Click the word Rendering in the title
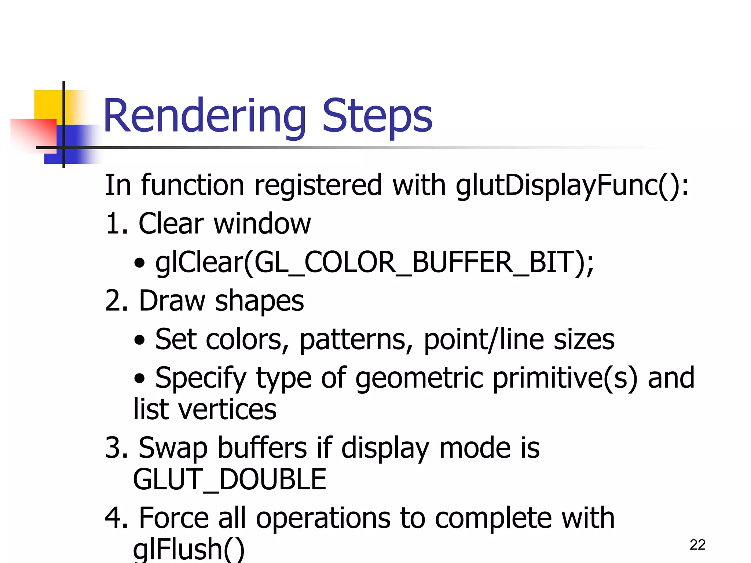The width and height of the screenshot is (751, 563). (205, 117)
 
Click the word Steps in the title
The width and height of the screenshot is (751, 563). (377, 117)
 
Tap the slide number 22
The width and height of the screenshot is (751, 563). (697, 545)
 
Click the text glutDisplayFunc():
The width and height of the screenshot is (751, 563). (572, 185)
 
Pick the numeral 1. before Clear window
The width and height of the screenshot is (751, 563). (117, 224)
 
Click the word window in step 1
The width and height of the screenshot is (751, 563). (262, 224)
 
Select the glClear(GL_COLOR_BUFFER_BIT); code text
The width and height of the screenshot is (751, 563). (374, 262)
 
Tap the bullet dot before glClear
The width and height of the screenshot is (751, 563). (139, 263)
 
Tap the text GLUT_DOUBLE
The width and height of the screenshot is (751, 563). (230, 479)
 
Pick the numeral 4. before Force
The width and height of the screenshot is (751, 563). (117, 518)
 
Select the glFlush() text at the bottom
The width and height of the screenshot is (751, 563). (188, 549)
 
